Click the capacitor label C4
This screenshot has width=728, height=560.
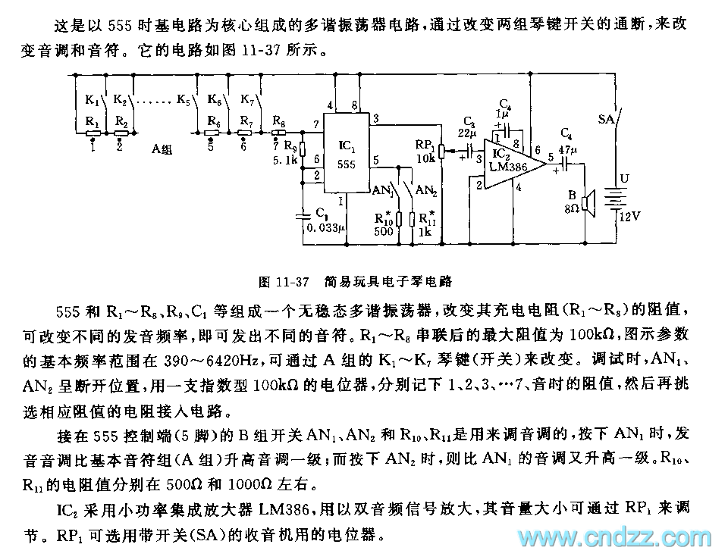[x=566, y=132]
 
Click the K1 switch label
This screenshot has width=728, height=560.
[x=92, y=99]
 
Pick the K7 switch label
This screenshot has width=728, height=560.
[x=246, y=99]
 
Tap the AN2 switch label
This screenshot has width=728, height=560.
[x=426, y=190]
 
